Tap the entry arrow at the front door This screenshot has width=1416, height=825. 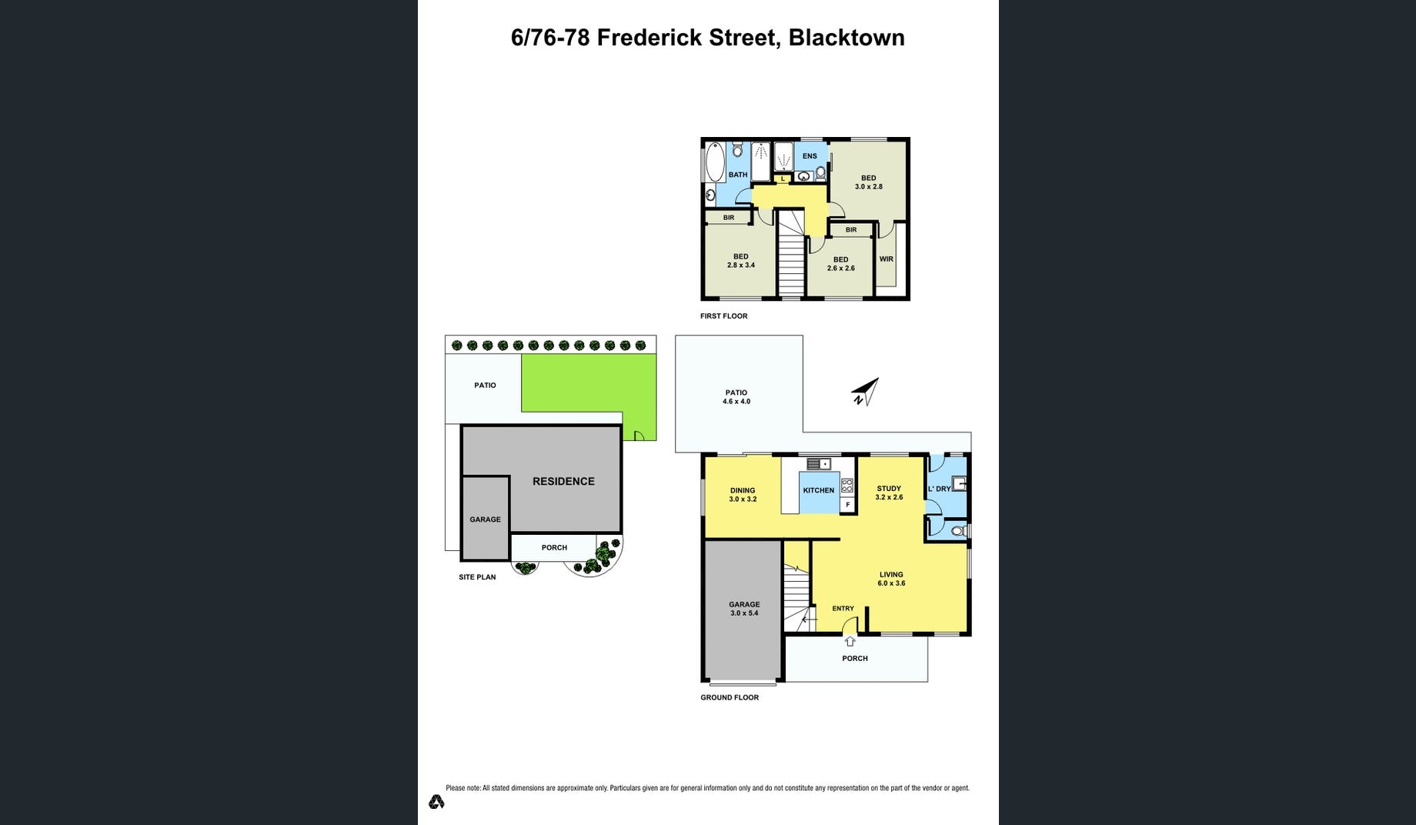tap(850, 641)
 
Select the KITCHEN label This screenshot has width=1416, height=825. tap(818, 490)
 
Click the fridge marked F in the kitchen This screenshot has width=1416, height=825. tap(848, 505)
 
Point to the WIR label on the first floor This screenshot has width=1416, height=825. tap(887, 259)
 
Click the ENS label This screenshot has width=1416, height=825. tap(810, 156)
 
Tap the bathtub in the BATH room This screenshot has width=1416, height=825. tap(715, 162)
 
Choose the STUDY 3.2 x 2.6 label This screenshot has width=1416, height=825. tap(889, 493)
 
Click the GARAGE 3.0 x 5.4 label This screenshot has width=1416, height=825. tap(744, 609)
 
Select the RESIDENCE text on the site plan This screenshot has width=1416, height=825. tap(563, 481)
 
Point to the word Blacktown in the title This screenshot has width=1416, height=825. tap(847, 38)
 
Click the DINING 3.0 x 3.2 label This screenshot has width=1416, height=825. tap(743, 495)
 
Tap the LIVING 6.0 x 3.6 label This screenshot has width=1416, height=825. tap(891, 579)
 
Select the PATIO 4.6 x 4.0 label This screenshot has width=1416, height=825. tap(736, 397)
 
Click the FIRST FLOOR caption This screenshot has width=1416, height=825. tap(723, 316)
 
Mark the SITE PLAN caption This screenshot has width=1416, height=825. tap(477, 577)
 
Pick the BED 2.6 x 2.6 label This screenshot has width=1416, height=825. tap(840, 264)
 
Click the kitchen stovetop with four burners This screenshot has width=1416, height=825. tap(847, 486)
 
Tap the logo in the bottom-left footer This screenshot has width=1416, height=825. tap(436, 802)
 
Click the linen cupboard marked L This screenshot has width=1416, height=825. tap(783, 179)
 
